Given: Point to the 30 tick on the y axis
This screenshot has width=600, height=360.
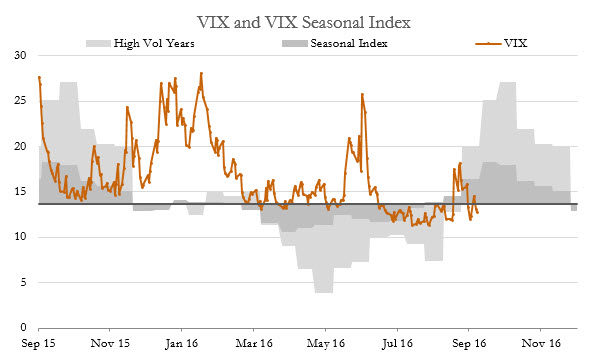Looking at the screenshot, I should point(20,56).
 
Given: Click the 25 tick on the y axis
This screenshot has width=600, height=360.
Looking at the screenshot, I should point(20,101).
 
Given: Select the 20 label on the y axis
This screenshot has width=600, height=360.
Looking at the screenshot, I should point(20,146).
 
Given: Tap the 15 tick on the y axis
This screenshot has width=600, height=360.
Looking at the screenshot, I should point(20,192).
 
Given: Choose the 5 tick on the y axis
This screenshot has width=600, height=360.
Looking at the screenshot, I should point(23,282).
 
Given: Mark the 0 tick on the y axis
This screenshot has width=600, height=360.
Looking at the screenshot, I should point(23,327).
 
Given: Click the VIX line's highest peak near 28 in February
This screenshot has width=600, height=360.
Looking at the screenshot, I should point(201,73).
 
